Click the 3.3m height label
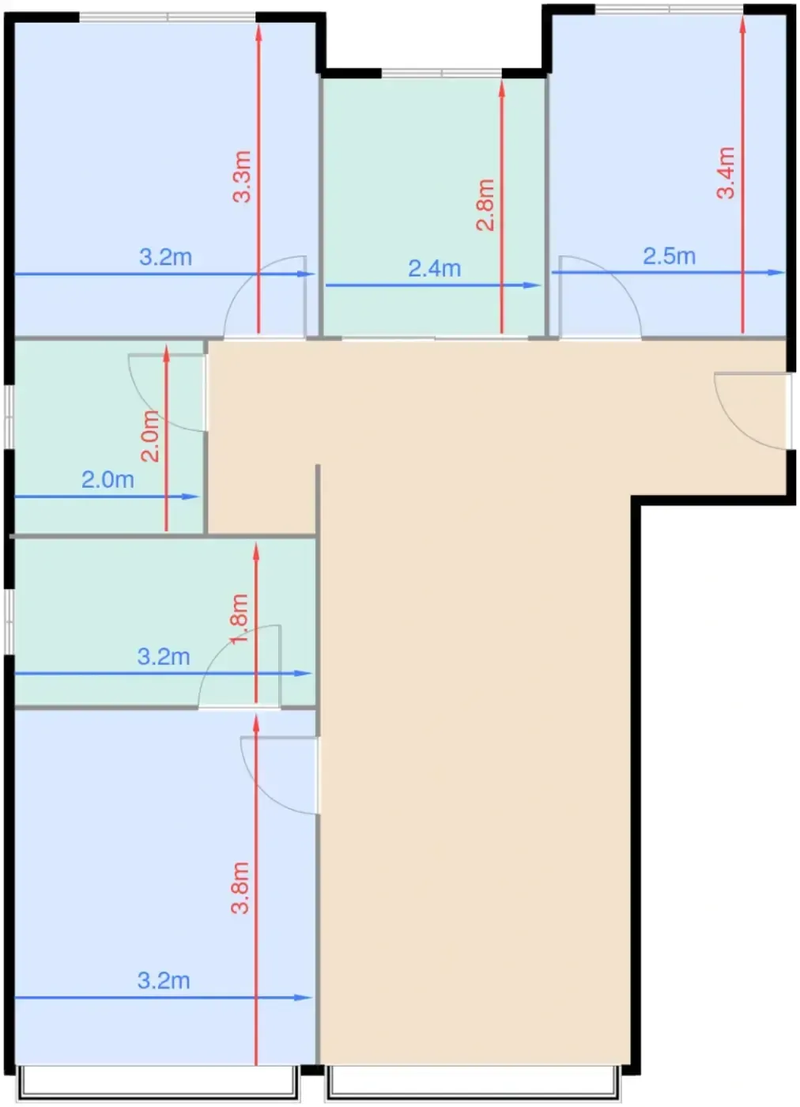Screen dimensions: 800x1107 [x=242, y=176]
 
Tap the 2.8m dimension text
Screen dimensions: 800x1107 [x=485, y=205]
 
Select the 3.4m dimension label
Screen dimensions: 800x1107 [x=726, y=173]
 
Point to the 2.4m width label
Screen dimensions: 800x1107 [x=434, y=268]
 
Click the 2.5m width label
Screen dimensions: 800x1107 [x=669, y=256]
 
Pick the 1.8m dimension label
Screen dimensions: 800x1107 [x=240, y=618]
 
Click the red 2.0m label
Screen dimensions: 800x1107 [x=150, y=436]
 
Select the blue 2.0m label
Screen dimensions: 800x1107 [x=108, y=480]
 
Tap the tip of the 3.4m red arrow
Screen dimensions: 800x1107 [x=742, y=17]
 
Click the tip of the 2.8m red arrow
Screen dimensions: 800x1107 [x=501, y=81]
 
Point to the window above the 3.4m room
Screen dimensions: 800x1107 [x=669, y=9]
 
